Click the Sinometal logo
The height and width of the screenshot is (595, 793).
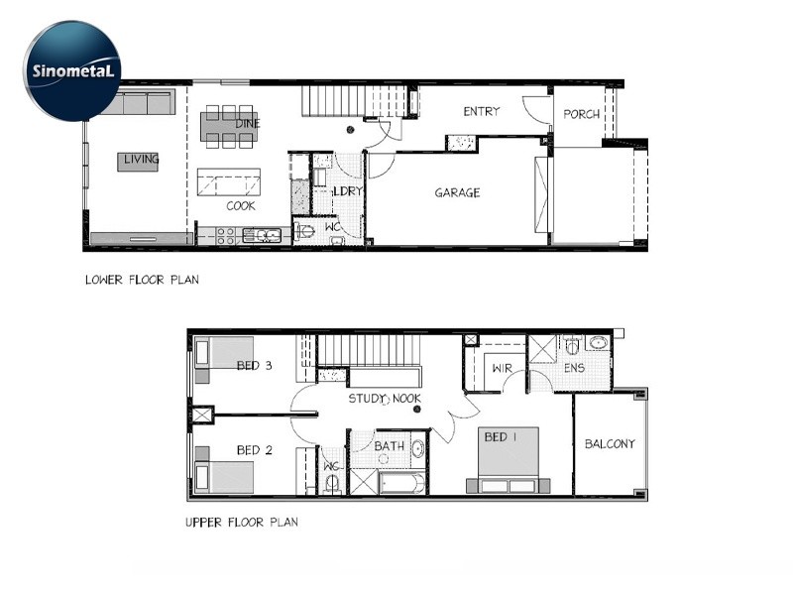[x=72, y=70]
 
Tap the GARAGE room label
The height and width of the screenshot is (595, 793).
[x=457, y=192]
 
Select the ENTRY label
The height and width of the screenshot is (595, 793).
[x=482, y=111]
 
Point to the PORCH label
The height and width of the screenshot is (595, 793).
[x=581, y=114]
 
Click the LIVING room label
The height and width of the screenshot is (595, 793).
[x=141, y=160]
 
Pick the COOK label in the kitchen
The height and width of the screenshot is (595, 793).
[x=241, y=206]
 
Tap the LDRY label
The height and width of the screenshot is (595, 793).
[x=348, y=191]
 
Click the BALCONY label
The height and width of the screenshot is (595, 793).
[x=610, y=444]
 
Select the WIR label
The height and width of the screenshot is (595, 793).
[x=502, y=368]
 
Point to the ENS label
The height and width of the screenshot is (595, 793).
[x=574, y=368]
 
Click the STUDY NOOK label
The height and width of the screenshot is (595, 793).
[x=385, y=399]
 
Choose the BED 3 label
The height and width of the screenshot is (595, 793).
[x=254, y=365]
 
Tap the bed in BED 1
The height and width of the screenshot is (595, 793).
[x=509, y=460]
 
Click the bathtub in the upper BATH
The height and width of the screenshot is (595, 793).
[x=402, y=484]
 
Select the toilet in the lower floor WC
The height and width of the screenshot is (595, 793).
[x=306, y=231]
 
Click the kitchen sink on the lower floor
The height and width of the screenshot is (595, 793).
[x=262, y=235]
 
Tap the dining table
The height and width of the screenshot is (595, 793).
[x=230, y=127]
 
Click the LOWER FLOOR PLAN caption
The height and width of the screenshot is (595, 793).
[x=142, y=280]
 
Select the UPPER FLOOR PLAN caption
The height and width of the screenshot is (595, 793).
[x=242, y=523]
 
